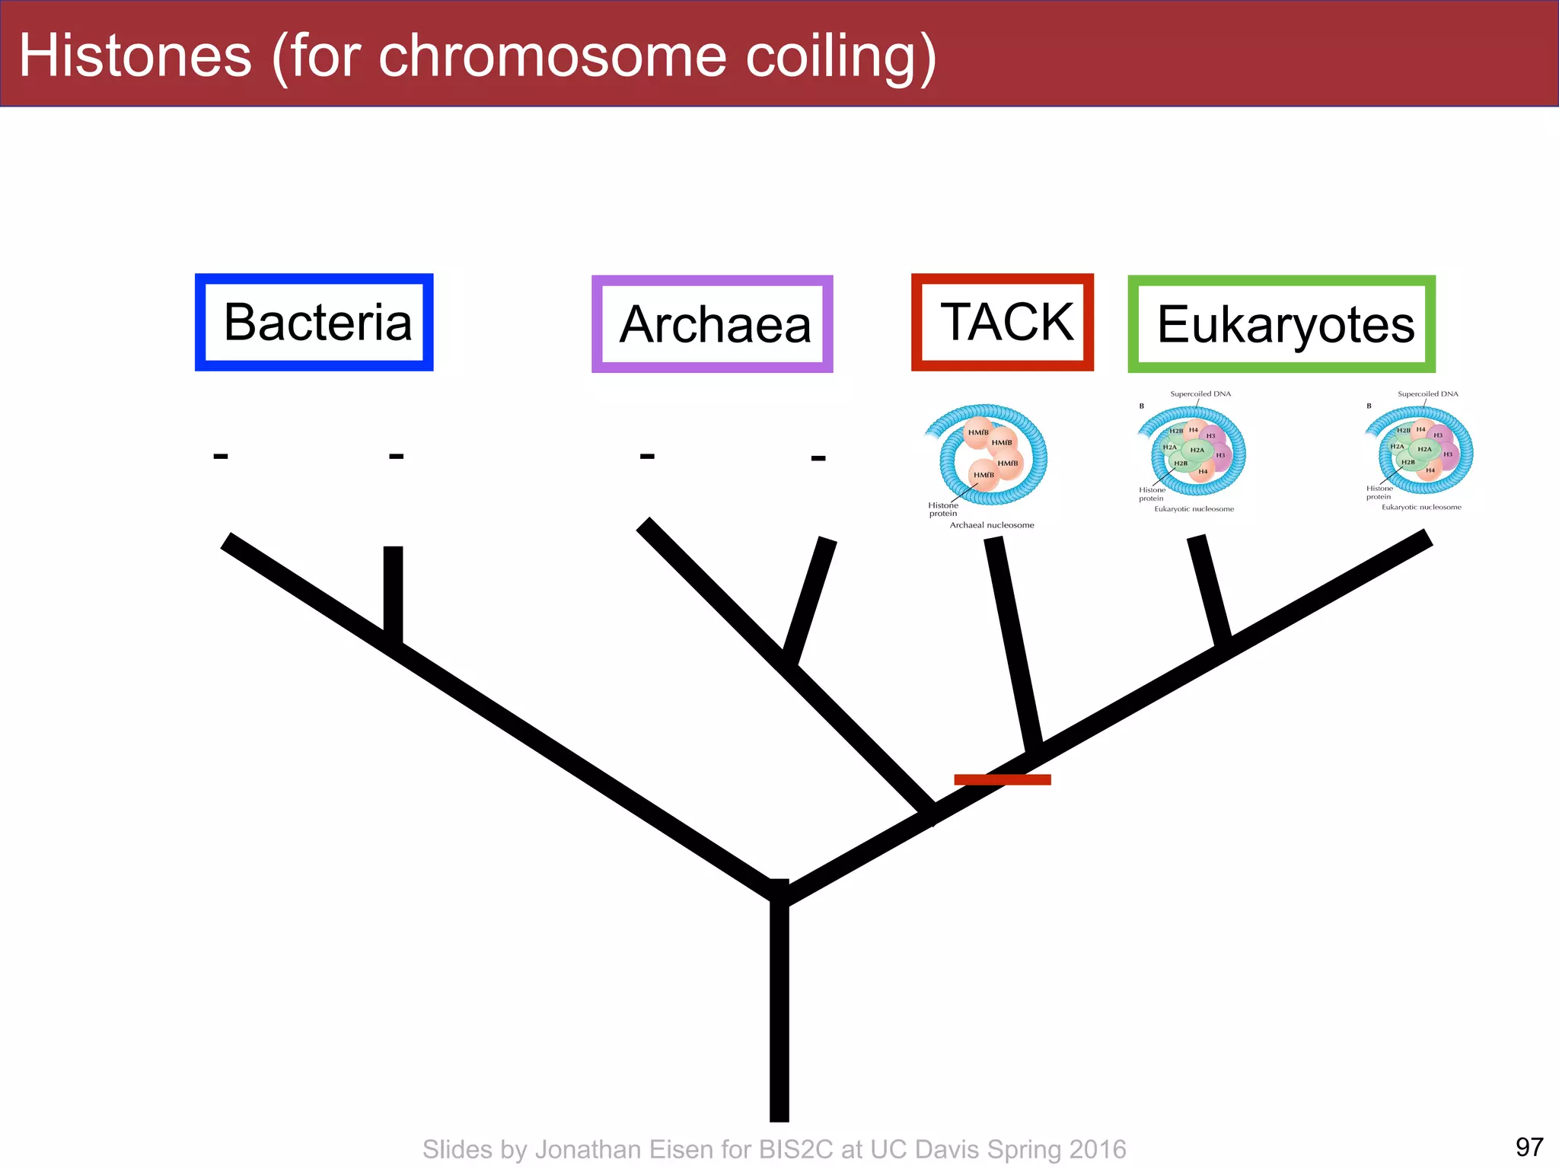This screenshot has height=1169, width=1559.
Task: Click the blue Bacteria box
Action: point(314,323)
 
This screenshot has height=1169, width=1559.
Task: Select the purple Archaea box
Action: point(712,324)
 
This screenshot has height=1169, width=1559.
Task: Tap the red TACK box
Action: point(1002,322)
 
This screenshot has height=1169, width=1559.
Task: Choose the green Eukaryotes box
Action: point(1281,324)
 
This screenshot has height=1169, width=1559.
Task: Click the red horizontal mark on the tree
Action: point(1002,779)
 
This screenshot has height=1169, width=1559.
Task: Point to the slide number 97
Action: point(1529,1146)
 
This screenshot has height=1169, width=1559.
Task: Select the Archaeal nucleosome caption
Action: point(991,525)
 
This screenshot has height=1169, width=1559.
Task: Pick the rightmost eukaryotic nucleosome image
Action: point(1421,451)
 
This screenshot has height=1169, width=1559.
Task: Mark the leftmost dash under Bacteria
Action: point(221,457)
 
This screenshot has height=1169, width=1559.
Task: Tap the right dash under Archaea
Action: point(818,458)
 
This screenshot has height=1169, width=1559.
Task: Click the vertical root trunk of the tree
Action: point(779,1012)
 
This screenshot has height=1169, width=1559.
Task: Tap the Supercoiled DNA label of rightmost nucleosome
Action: point(1427,394)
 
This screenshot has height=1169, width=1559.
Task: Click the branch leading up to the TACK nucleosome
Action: point(1012,639)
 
